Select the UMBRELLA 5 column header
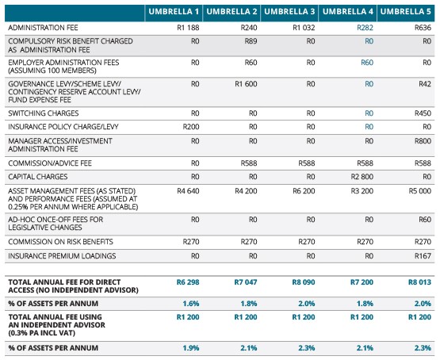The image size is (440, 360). [407, 11]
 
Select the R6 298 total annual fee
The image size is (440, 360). [185, 281]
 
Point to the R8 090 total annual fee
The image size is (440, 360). [302, 281]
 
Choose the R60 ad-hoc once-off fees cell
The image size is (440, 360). [425, 218]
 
